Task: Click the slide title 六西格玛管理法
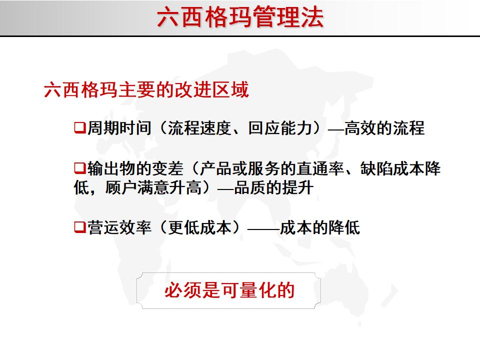tap(240, 17)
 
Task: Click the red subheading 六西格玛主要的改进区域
tap(146, 90)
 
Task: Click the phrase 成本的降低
tap(319, 228)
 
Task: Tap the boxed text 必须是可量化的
tap(229, 290)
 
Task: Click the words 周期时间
tap(119, 128)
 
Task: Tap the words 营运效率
tap(119, 228)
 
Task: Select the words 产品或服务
tap(231, 168)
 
